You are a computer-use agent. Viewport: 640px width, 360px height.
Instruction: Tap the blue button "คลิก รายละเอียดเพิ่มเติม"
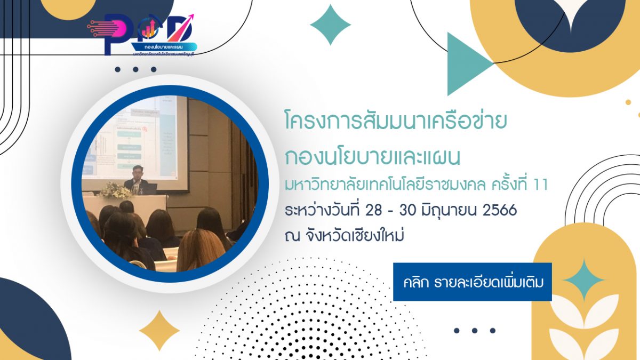[472, 282]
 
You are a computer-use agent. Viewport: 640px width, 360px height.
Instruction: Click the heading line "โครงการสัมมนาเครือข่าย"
[395, 123]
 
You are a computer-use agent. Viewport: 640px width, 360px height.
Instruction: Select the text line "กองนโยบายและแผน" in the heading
[373, 157]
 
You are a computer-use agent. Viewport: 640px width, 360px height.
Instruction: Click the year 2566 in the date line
[499, 210]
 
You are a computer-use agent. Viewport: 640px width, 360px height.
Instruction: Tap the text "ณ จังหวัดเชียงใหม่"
[343, 235]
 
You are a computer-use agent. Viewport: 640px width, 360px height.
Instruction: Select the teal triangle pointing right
[467, 64]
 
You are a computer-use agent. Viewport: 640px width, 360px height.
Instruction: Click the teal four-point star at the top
[330, 25]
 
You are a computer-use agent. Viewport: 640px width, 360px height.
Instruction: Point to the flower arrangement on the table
[116, 190]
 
